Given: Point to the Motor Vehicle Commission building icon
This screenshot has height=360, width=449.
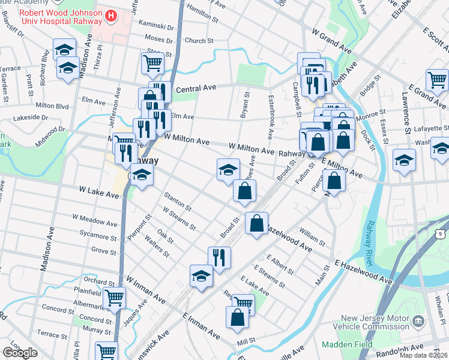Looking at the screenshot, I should [418, 321].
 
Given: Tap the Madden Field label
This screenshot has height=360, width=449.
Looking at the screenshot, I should [346, 345].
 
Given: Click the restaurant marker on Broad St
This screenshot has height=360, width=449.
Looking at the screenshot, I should [219, 257].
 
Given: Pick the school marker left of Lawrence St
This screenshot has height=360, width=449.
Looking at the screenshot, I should [405, 160].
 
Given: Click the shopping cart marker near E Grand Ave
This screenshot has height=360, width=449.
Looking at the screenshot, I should [437, 80].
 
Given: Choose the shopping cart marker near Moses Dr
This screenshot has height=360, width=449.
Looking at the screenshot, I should [153, 62].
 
